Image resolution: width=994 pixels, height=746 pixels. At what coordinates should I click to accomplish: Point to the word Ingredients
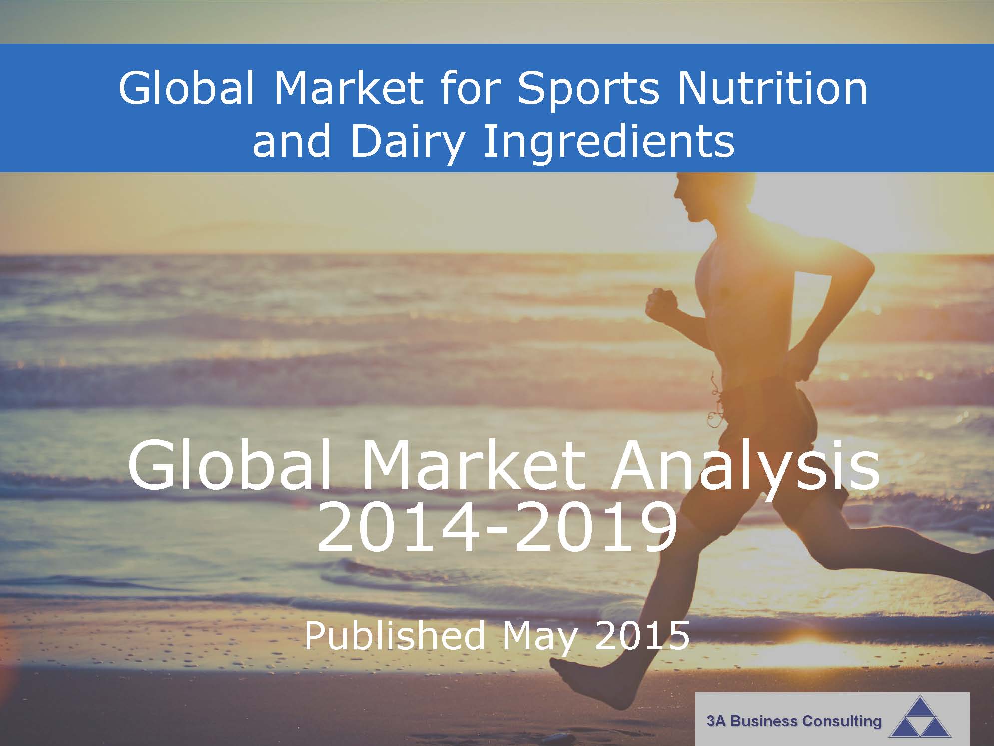coord(609,142)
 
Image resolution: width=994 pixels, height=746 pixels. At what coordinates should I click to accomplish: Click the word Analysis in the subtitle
coord(745,469)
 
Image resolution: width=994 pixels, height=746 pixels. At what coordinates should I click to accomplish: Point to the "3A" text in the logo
coord(715,722)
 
